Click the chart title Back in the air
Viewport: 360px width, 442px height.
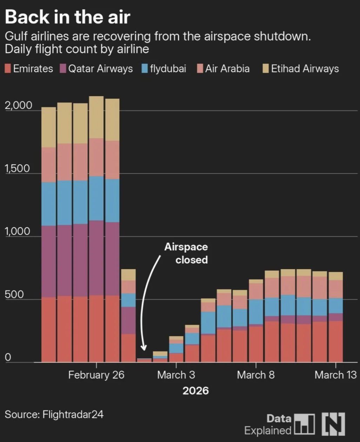[67, 17]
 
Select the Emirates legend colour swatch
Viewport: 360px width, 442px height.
[8, 68]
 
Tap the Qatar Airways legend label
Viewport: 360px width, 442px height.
[100, 68]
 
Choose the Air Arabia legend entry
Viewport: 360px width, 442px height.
[227, 68]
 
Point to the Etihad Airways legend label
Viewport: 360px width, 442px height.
[305, 68]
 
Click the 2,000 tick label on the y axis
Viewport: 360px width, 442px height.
[18, 105]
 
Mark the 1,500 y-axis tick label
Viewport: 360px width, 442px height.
[18, 168]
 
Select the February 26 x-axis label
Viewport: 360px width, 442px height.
[96, 375]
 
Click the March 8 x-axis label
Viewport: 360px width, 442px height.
[256, 375]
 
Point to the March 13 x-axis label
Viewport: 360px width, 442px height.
[335, 375]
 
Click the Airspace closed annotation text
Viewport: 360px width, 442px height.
[187, 253]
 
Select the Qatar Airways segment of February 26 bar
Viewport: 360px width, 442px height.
[96, 258]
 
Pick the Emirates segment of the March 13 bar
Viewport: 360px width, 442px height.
[335, 341]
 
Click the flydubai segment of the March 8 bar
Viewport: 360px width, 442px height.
[256, 312]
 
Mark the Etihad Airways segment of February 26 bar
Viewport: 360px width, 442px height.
[96, 117]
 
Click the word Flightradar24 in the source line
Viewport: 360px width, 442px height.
[73, 414]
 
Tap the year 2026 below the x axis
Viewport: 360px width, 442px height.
[195, 391]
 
